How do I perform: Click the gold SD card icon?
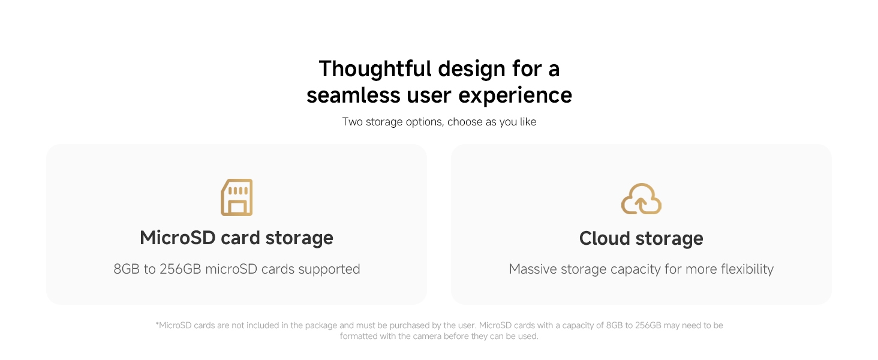(x=236, y=197)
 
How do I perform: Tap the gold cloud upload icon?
(x=641, y=199)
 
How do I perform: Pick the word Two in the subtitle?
(x=353, y=122)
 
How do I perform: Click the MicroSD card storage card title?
(x=236, y=238)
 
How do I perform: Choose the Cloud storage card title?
(x=641, y=239)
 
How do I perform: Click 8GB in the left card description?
(x=126, y=269)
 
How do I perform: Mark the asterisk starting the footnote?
(x=157, y=325)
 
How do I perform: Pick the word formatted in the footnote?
(x=360, y=337)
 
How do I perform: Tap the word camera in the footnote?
(x=428, y=337)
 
